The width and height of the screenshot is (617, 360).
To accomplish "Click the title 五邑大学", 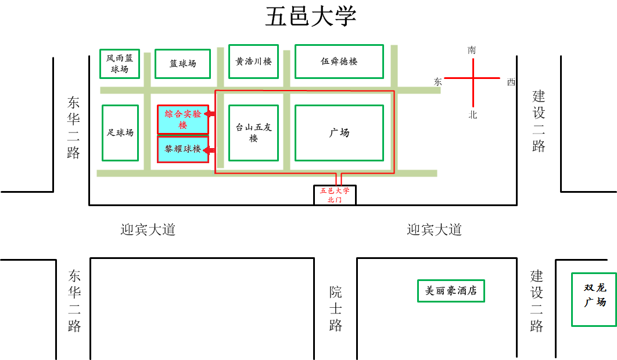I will (310, 17).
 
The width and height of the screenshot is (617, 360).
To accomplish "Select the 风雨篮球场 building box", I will (120, 63).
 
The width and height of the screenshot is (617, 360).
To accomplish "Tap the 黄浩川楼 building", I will (253, 61).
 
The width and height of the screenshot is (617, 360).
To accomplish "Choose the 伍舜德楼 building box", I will (339, 61).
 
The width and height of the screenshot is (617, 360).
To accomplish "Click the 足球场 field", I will (120, 132).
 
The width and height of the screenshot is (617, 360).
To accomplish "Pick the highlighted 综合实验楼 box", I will (182, 119).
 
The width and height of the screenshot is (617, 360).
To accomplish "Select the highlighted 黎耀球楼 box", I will (182, 149).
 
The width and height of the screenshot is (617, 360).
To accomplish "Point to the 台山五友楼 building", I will (253, 133).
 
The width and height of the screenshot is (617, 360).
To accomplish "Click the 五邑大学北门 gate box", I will (335, 195).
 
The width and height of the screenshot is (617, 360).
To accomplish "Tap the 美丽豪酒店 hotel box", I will (451, 291).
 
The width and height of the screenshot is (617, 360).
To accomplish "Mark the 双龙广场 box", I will (594, 299).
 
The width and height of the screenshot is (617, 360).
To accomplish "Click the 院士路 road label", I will (335, 308).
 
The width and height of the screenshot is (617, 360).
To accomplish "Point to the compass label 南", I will (472, 51).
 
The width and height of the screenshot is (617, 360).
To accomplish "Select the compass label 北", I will (472, 115).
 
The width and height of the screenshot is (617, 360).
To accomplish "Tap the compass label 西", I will (511, 82).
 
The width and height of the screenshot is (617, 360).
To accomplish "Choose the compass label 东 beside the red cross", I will (437, 82).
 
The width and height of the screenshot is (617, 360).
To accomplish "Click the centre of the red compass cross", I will (472, 78).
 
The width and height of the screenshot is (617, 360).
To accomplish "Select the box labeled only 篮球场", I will (182, 64).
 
